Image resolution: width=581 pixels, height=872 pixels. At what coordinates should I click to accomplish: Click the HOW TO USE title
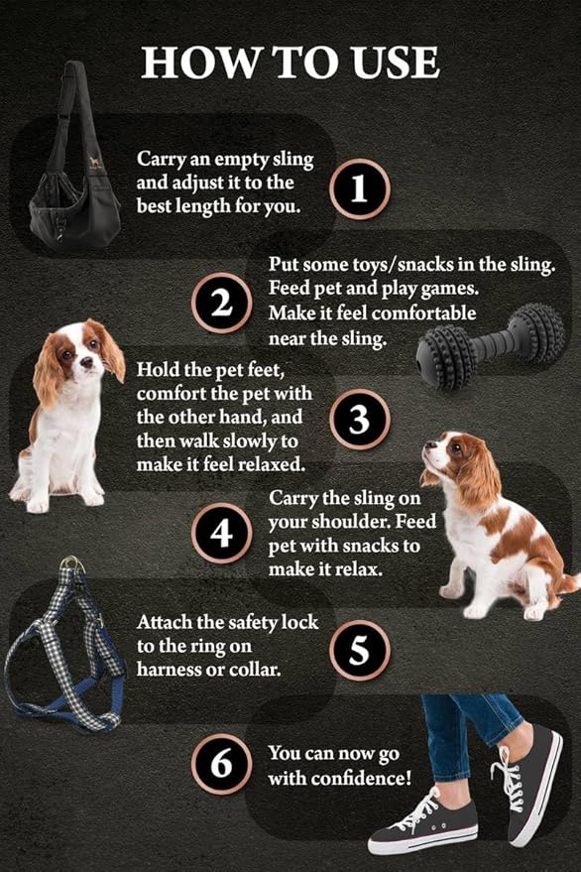(290, 62)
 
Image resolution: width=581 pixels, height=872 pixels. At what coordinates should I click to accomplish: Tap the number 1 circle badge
(360, 188)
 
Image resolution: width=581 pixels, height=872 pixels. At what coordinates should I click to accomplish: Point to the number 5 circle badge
(360, 650)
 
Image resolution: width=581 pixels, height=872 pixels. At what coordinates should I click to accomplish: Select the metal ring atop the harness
(70, 565)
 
